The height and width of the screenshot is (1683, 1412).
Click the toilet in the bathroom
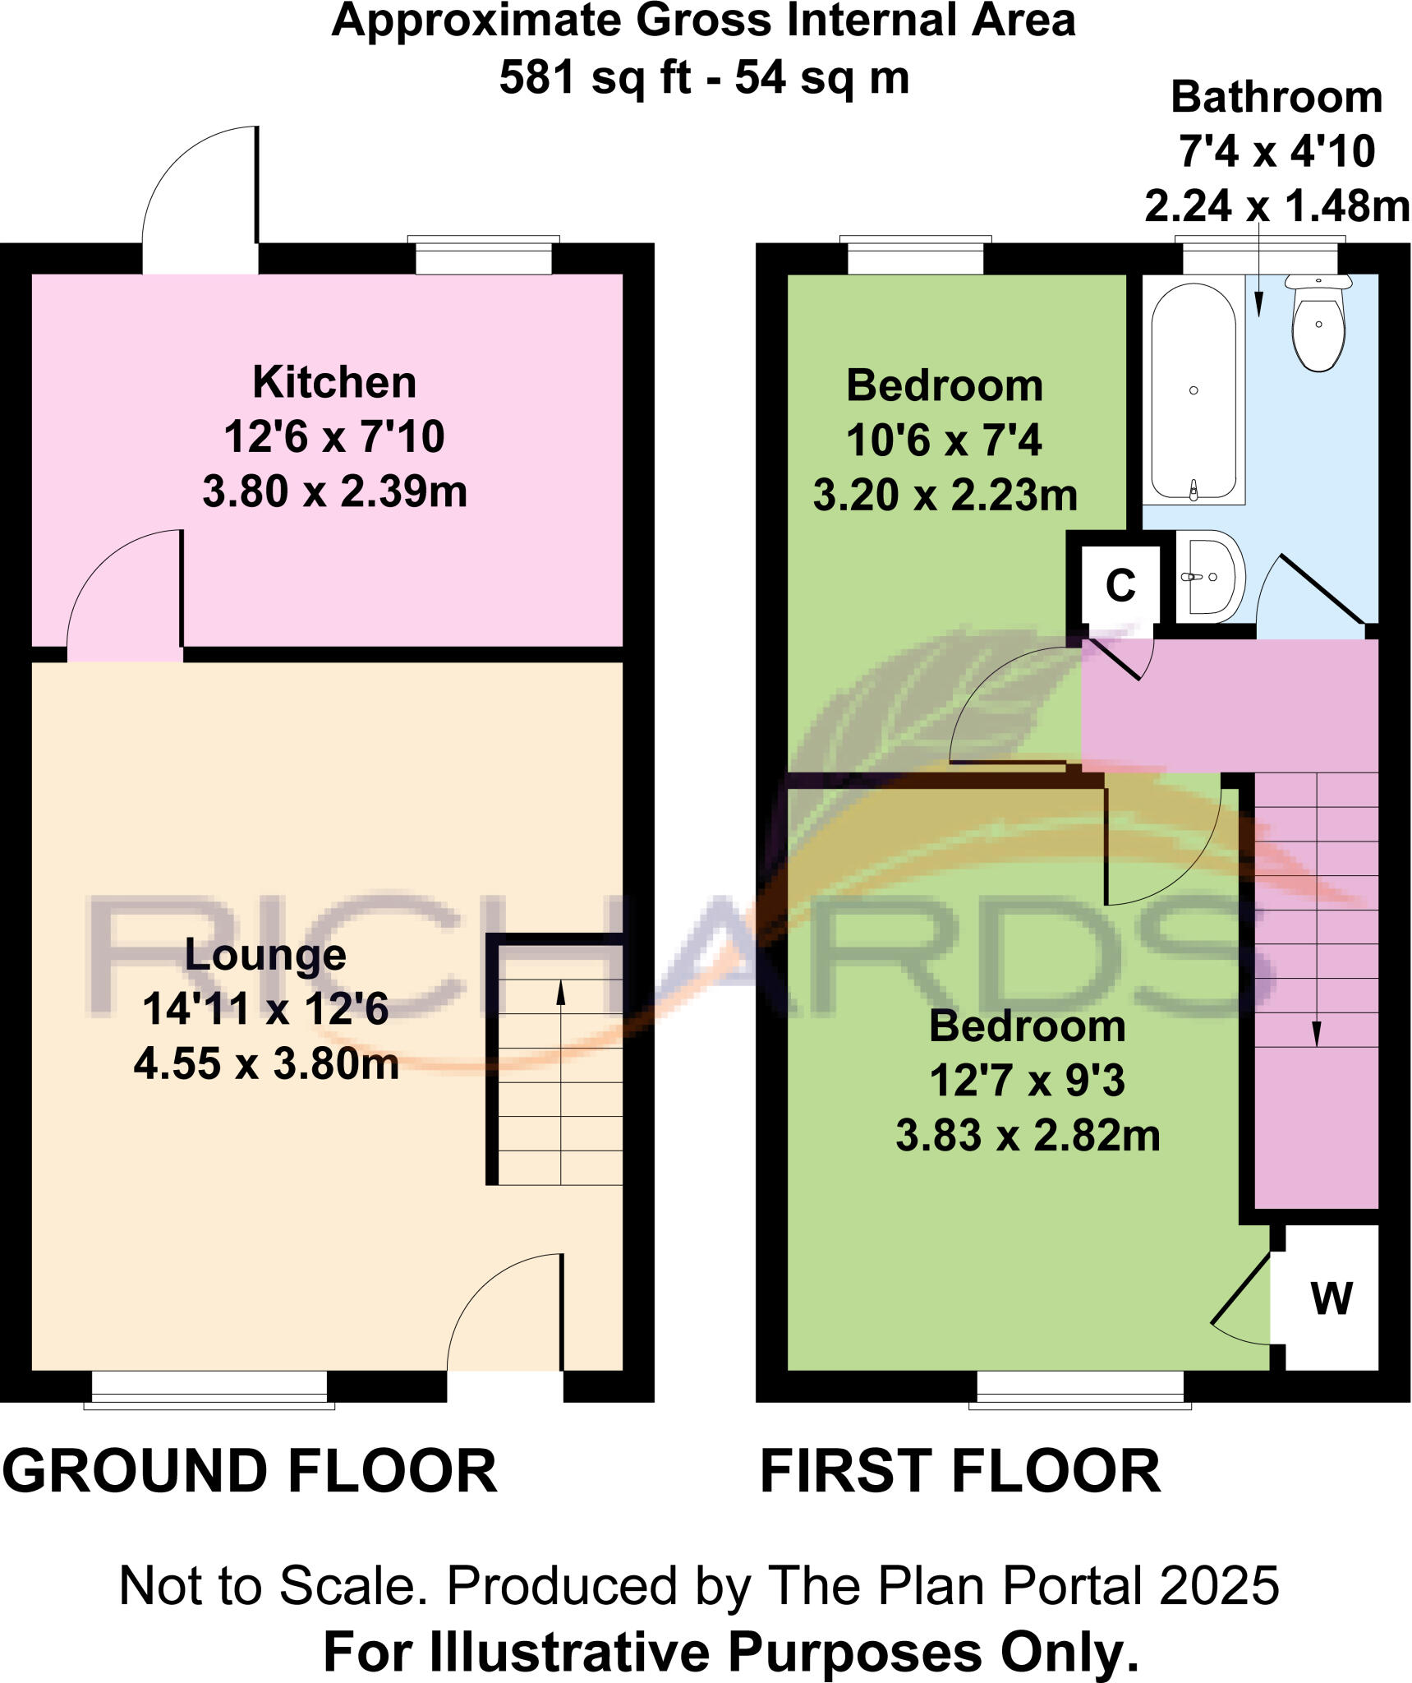coord(1318,324)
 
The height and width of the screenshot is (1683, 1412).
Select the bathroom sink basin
coord(1209,576)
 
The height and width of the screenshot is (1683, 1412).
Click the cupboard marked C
coord(1120,586)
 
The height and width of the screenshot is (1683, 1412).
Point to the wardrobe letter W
coord(1332,1298)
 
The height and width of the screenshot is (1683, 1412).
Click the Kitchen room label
coord(334,382)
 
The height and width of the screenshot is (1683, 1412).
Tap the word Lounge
coord(265,954)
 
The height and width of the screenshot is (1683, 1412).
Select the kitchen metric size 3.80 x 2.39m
coord(334,491)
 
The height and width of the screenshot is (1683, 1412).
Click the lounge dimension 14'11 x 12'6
coord(265,1008)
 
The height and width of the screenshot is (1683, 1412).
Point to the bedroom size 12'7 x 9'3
coord(1027,1081)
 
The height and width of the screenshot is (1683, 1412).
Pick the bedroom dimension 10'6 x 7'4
coord(944,440)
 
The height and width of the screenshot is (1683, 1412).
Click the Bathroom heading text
coord(1276,98)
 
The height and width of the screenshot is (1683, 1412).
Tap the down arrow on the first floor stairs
coord(1317,1033)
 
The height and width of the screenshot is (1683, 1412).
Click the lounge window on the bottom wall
coord(209,1388)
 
